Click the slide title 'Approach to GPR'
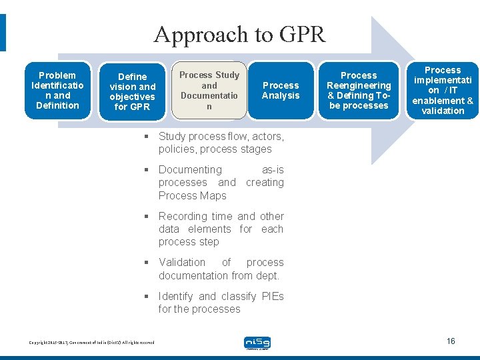[239, 33]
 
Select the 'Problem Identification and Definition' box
[57, 90]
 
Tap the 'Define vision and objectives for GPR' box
[133, 91]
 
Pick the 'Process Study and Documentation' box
[209, 91]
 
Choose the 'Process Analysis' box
[281, 91]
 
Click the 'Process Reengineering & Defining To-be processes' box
[359, 91]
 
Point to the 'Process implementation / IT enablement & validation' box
[443, 90]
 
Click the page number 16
[451, 341]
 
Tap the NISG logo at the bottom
[257, 343]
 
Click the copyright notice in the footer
[92, 343]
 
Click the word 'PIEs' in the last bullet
[273, 296]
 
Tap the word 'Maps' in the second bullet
[211, 195]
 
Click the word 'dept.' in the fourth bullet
[268, 275]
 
